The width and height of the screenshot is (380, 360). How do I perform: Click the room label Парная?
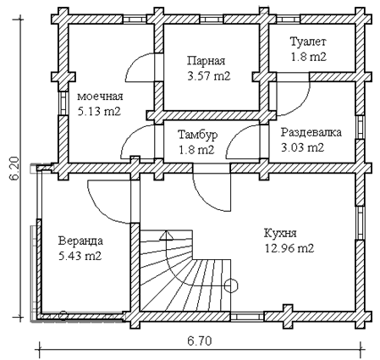(x=207, y=61)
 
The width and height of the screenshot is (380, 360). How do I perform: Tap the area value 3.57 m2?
(x=209, y=76)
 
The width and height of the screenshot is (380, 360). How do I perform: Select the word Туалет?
(x=308, y=42)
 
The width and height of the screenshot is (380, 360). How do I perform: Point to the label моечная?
(x=100, y=97)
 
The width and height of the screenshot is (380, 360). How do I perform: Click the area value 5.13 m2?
(x=99, y=112)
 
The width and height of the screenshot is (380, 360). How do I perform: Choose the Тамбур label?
(x=198, y=135)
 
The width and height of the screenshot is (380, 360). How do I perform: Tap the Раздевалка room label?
(x=311, y=132)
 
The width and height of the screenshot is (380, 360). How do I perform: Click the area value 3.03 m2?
(x=302, y=147)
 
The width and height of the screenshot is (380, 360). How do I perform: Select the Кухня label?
(x=280, y=233)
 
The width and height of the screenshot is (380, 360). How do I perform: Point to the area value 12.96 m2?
(x=289, y=248)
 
